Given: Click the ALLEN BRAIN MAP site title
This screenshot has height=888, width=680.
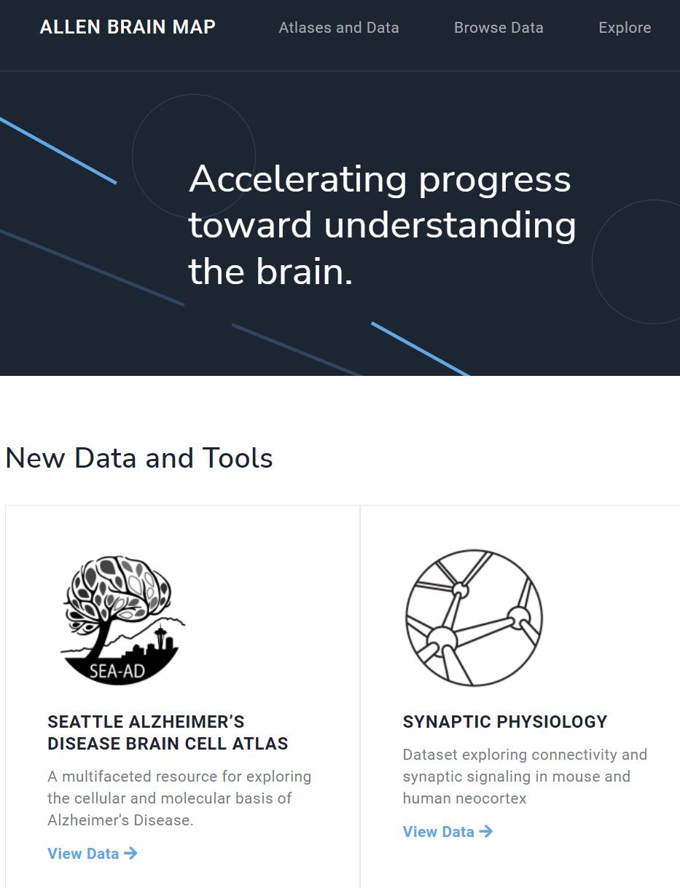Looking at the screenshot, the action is click(x=128, y=27).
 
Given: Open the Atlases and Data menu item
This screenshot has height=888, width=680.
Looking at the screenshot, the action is click(x=339, y=28).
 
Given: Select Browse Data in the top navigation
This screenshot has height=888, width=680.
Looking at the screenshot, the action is click(x=499, y=28).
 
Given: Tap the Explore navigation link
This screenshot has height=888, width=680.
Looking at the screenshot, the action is click(x=625, y=28).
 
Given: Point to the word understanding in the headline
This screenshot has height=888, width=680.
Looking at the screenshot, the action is click(x=450, y=225).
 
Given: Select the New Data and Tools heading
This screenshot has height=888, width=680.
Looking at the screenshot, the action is click(x=139, y=458).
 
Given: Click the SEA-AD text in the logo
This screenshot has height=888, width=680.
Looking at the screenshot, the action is click(x=117, y=671).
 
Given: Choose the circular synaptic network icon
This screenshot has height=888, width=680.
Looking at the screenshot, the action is click(x=474, y=618).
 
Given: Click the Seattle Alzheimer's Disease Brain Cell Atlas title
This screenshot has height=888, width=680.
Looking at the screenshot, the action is click(x=168, y=733).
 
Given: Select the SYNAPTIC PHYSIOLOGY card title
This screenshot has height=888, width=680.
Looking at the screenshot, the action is click(x=505, y=722).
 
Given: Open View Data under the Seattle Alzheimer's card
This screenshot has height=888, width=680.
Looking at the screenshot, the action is click(x=93, y=854).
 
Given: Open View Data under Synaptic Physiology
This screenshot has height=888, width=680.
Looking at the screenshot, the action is click(x=448, y=832).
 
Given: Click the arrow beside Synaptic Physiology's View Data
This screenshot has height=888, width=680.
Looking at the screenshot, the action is click(x=485, y=832).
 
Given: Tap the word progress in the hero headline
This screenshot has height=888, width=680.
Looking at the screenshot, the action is click(x=495, y=181).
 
